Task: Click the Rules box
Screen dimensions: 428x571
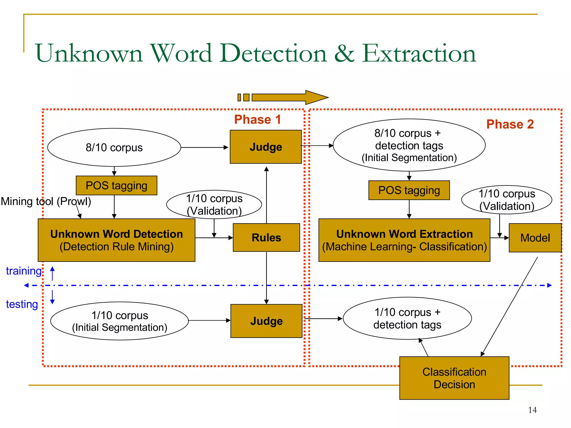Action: [x=266, y=238]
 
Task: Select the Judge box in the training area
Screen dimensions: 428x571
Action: [x=266, y=147]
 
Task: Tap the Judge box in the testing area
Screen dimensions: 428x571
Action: [x=266, y=321]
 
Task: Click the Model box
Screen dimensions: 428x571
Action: [x=535, y=238]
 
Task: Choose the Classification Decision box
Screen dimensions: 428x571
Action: [x=454, y=378]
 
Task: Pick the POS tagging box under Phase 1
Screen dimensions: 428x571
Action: [x=117, y=186]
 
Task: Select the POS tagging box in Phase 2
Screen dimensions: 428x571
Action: [x=409, y=190]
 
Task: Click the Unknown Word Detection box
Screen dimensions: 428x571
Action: [x=117, y=240]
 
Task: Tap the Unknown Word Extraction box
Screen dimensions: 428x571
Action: [x=404, y=240]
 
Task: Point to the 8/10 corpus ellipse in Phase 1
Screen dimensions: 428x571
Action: [x=114, y=147]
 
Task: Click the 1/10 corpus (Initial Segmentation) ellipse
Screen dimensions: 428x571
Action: [x=120, y=321]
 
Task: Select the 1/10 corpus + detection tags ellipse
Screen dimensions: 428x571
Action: [x=407, y=318]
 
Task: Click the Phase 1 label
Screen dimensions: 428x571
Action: [x=257, y=120]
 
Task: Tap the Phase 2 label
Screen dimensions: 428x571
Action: [x=510, y=124]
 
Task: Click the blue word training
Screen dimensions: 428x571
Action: [x=24, y=271]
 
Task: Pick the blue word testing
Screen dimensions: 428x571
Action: [x=22, y=304]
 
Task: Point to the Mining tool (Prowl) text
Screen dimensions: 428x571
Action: [x=46, y=201]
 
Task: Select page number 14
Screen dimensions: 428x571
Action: [x=532, y=410]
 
